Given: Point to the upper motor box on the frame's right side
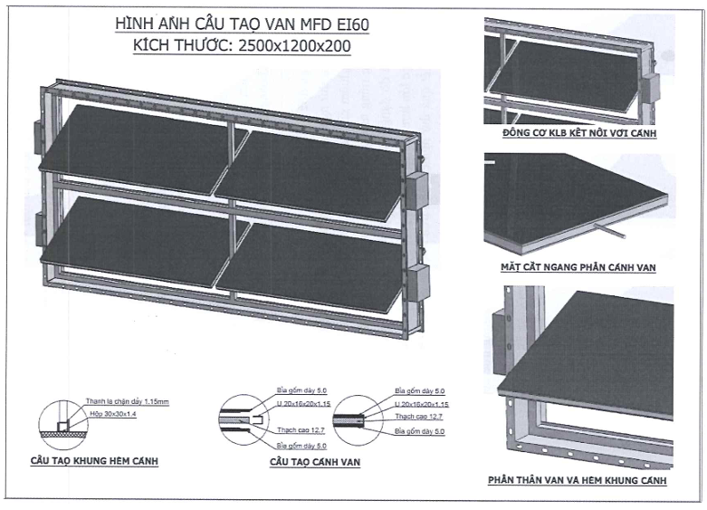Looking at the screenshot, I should point(418,191).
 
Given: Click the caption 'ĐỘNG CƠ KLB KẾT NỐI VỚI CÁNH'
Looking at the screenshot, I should point(578,134).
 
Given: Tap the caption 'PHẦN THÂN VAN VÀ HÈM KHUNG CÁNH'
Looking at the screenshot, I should point(578,480).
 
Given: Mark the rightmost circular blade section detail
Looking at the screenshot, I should point(350,419).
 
